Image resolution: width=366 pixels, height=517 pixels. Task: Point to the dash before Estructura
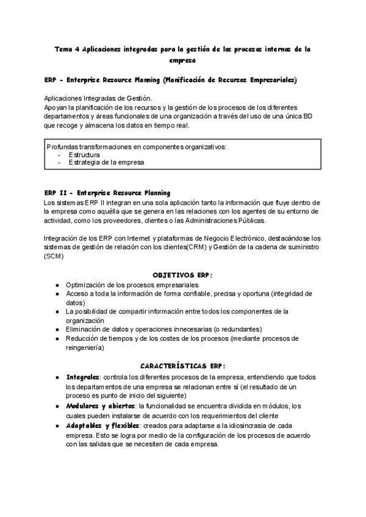(59, 154)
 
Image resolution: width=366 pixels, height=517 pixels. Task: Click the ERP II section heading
(107, 193)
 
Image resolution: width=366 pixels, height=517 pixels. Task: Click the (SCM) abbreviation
(54, 256)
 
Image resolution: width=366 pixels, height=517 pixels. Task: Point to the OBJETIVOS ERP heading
(182, 274)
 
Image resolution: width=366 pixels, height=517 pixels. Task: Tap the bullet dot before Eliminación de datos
(57, 329)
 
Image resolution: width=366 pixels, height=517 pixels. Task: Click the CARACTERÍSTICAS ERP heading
(182, 366)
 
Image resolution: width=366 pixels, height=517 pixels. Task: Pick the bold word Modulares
(83, 405)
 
